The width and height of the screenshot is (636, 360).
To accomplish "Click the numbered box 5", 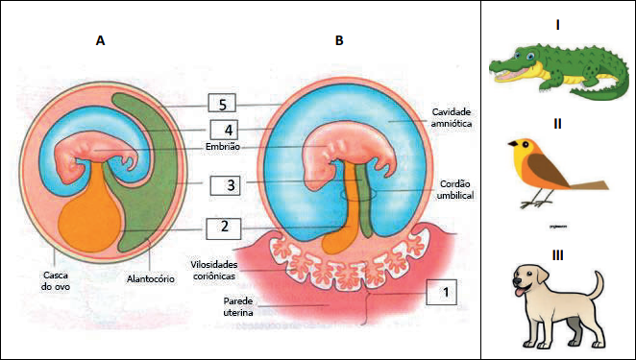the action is tap(222, 103).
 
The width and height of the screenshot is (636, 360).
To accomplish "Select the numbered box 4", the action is tap(224, 130).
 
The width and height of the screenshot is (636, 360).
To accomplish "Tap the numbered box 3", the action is tap(225, 185).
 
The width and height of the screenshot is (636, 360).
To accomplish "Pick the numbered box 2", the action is tap(224, 228).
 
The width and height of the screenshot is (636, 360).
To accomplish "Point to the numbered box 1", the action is tap(441, 292).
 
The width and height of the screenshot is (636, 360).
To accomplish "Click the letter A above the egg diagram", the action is tap(100, 40).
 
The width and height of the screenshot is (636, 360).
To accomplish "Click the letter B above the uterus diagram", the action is tap(339, 40).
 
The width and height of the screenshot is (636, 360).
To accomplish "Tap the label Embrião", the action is tap(223, 147).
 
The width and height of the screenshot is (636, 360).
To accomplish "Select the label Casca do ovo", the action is tap(56, 280).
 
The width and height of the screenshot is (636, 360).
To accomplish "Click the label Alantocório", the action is tap(151, 279).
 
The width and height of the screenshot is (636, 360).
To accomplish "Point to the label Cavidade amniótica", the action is tap(451, 117).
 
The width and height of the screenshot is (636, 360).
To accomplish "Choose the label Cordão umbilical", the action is tap(455, 189).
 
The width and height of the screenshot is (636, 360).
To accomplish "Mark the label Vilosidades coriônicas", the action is tap(214, 271).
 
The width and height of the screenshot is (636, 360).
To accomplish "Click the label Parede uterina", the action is tap(238, 306).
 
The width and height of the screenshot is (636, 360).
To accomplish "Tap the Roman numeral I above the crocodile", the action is tap(558, 25).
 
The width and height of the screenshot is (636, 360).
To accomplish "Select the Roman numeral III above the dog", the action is tap(558, 255).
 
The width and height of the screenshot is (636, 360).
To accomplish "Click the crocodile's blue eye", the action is tap(530, 57).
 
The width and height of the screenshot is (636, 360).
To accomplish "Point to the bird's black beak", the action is tap(513, 143).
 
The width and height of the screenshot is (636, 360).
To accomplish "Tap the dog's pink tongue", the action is tap(519, 292).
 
